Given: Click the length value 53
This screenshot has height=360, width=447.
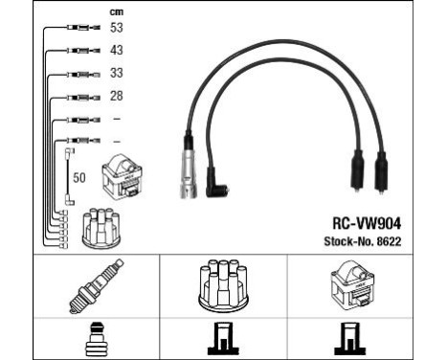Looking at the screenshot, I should (x=117, y=29).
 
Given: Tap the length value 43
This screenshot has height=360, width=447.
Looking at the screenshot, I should (x=117, y=51).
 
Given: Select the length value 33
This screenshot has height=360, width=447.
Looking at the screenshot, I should (x=117, y=73).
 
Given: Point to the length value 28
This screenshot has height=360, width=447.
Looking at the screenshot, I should (x=117, y=96).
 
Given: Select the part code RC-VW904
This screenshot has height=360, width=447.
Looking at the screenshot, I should (x=362, y=217).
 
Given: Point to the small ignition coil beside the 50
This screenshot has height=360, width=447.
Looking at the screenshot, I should (x=123, y=172).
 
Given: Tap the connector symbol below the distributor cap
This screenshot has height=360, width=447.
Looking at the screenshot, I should (x=222, y=338).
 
